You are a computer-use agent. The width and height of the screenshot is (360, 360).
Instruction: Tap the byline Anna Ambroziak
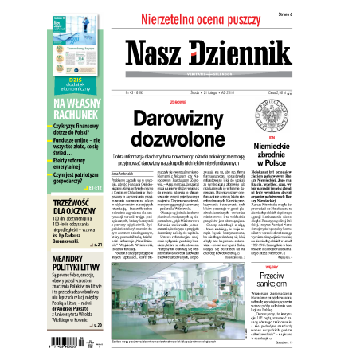tap(127, 174)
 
